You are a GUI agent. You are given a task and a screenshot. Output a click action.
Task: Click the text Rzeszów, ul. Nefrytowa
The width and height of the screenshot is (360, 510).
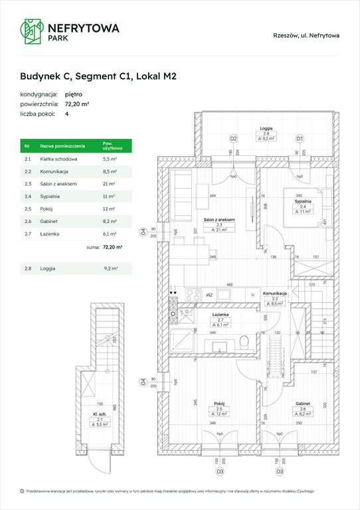[306, 35]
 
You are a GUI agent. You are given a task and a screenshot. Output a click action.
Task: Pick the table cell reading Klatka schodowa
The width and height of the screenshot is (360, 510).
[58, 160]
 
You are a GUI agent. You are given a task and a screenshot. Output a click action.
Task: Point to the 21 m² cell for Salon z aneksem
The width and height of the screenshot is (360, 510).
[109, 183]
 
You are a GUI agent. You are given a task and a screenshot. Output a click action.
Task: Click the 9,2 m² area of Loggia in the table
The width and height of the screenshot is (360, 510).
[110, 268]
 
